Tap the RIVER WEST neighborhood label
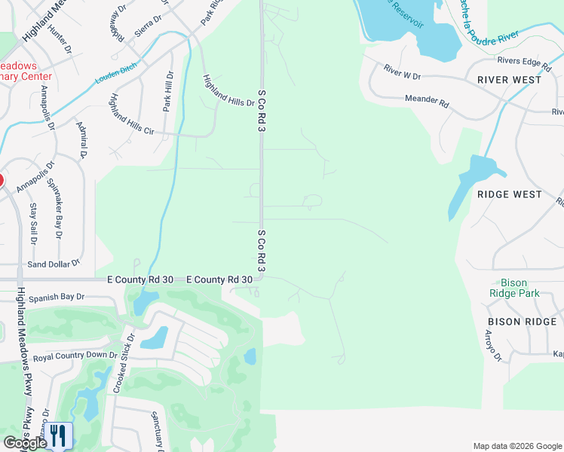509,79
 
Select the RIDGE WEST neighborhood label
509,194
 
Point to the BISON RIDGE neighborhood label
522,322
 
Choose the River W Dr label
401,72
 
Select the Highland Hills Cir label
131,115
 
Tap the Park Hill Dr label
167,90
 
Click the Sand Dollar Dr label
53,264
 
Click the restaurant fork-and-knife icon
59,435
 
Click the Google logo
24,443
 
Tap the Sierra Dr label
149,23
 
